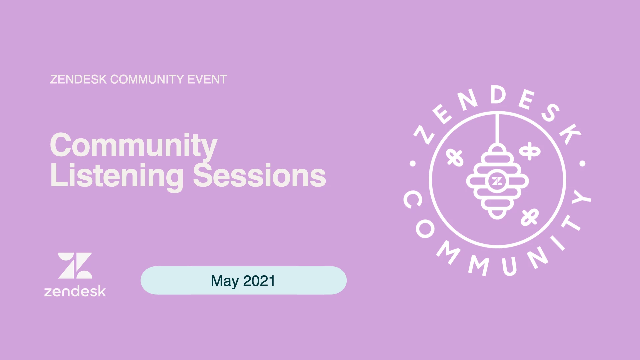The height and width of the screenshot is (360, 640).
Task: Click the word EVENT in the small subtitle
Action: point(207,79)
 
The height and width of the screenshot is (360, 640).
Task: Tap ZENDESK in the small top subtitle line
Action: point(78,79)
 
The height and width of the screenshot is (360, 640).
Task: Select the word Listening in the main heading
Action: point(117,176)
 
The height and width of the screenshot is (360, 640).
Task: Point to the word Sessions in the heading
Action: point(259,175)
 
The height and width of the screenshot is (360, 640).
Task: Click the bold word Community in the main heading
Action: point(134,146)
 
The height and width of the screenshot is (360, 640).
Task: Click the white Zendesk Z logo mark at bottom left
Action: point(75,265)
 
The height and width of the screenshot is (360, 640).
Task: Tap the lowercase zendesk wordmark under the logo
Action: point(75,291)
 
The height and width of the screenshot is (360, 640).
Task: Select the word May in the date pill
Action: point(225,281)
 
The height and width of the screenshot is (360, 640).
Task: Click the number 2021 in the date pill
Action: point(259,281)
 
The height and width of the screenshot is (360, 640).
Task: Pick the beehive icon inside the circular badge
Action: point(497,181)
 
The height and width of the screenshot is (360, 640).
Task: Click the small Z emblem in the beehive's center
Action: point(497,181)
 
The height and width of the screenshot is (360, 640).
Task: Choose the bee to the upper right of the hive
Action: point(530,151)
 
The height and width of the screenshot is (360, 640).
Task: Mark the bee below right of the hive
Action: point(530,217)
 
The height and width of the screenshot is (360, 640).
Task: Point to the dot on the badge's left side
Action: point(413,163)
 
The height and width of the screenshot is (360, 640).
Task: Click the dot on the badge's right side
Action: point(582,163)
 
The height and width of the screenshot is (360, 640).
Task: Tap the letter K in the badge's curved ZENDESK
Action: point(570,133)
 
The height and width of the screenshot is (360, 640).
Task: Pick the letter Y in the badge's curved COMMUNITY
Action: point(581,197)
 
